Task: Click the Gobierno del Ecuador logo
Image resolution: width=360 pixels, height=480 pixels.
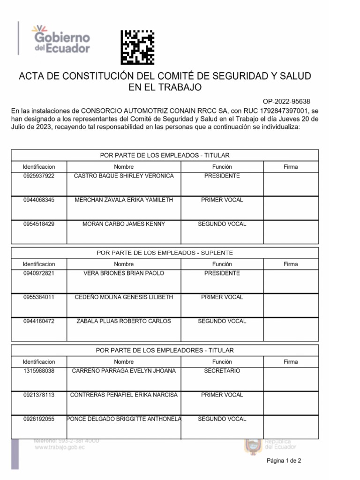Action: pos(60,38)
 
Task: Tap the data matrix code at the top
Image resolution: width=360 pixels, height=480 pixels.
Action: pos(137,47)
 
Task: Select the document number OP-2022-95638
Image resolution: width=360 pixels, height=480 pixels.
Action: pos(286,101)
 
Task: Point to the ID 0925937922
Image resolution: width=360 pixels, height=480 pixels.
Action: pos(39,176)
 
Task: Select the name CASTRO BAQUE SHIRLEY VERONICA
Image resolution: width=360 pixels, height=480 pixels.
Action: pos(124,176)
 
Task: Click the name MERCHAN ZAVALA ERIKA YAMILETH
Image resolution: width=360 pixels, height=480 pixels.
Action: pos(124,200)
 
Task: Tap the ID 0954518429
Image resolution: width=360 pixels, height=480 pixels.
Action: pos(39,224)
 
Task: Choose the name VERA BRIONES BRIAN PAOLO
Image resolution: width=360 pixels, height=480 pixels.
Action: pos(124,273)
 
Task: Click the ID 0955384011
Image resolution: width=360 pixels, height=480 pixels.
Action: pos(39,297)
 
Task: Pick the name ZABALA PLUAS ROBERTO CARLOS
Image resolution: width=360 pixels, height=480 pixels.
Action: pos(124,322)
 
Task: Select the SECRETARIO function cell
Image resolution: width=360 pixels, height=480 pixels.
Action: pos(222,371)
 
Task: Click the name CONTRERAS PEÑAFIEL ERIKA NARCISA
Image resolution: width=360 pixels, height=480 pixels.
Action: pos(124,395)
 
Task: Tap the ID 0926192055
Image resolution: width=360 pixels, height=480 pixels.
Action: pos(39,419)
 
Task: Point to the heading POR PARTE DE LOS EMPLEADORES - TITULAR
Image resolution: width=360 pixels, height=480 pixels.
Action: pos(165,350)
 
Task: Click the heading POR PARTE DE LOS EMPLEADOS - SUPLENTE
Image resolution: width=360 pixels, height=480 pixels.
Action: pos(165,253)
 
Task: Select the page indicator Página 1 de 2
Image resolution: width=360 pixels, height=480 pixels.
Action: pos(284,461)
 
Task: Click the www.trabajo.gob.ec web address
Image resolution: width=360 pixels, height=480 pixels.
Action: pos(60,448)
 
